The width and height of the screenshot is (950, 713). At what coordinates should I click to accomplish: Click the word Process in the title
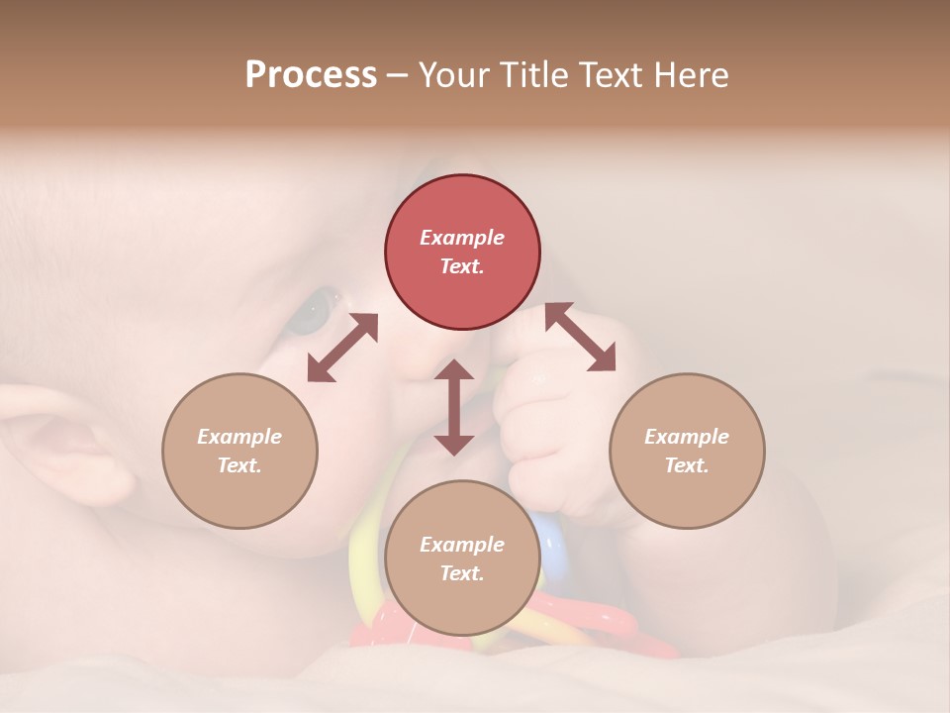[311, 74]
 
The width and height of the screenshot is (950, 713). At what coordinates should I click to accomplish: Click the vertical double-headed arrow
[454, 407]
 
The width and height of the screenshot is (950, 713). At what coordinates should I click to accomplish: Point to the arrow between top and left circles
[342, 348]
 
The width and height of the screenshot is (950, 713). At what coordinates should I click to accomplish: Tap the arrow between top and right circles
[580, 337]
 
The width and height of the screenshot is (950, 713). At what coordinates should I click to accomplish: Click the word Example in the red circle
[462, 238]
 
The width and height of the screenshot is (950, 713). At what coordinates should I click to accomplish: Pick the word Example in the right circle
[687, 437]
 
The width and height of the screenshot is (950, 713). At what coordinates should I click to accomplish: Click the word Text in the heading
[613, 74]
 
